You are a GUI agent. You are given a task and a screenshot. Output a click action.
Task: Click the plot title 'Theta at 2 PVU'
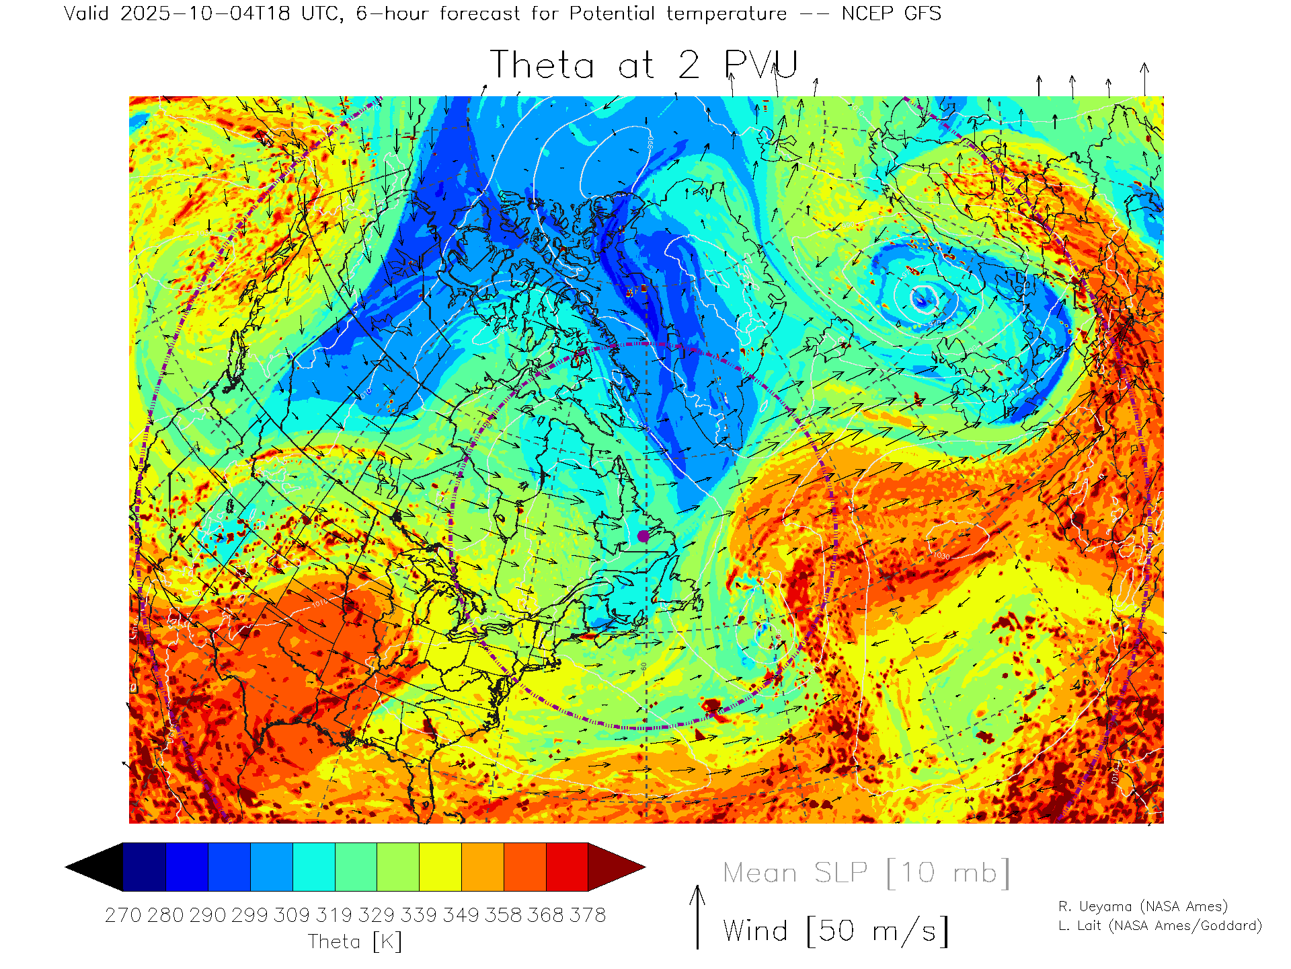tap(643, 65)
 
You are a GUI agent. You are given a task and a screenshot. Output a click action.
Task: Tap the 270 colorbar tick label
tap(123, 915)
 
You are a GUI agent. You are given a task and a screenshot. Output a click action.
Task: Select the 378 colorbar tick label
tap(588, 915)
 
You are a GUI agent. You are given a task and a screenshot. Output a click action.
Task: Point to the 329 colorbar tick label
tap(377, 915)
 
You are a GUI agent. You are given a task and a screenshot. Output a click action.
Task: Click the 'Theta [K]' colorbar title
tap(355, 941)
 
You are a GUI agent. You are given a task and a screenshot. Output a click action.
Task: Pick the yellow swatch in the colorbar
tap(440, 867)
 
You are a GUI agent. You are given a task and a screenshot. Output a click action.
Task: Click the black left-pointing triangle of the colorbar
tap(94, 867)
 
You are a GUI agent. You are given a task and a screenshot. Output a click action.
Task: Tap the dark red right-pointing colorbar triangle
tap(616, 867)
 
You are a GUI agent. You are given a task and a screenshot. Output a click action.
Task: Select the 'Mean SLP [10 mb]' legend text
tap(866, 873)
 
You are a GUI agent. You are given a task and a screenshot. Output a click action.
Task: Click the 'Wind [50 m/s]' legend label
tap(836, 931)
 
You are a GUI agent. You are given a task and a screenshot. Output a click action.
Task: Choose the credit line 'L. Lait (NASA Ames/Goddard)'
tap(1160, 926)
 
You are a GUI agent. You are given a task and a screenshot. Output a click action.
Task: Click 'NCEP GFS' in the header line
tap(891, 13)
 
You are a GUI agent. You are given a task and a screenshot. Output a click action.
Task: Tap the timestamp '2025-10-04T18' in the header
tap(205, 13)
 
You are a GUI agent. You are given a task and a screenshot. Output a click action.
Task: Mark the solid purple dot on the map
tap(643, 536)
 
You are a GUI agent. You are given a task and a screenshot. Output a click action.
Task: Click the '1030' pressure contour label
tap(941, 556)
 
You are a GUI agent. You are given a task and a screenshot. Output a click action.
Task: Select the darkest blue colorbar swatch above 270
tap(145, 867)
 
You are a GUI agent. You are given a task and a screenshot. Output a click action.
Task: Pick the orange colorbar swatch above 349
tap(482, 867)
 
